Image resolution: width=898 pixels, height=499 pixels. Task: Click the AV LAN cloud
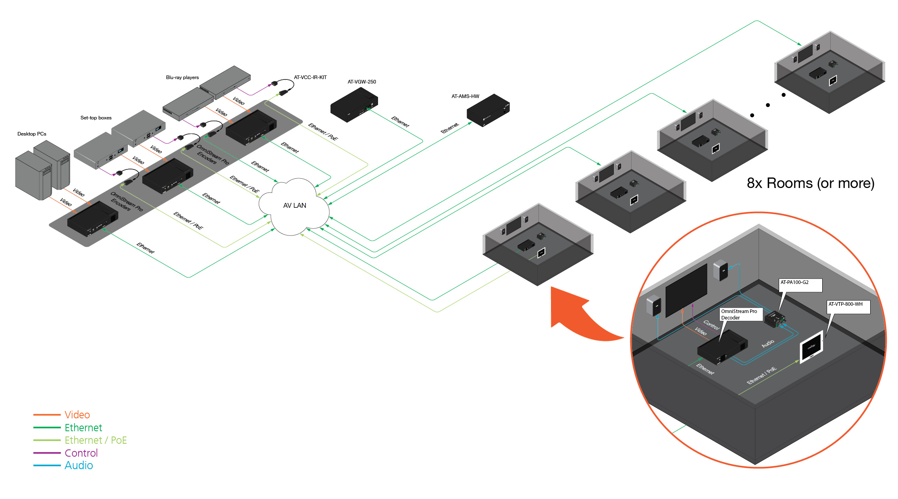coord(294,206)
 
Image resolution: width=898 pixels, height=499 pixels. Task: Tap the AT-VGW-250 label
coord(362,82)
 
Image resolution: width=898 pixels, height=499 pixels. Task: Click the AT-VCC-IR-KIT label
coord(310,77)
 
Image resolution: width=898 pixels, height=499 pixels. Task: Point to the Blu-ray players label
coord(182,77)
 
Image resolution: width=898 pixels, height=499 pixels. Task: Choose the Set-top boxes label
coord(96,118)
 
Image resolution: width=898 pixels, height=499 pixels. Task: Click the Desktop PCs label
coord(32,134)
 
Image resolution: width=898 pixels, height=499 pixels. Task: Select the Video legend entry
coord(77,415)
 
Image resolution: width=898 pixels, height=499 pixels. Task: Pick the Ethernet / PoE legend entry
coord(96,440)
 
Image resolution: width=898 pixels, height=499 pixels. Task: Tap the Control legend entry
coord(81,453)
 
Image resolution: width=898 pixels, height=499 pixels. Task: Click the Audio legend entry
coord(79,466)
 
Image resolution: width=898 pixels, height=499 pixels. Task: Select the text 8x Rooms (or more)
coord(810,183)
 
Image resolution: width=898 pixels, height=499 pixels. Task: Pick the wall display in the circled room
coord(686,290)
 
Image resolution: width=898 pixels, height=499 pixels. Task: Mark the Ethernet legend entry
coord(83,428)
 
